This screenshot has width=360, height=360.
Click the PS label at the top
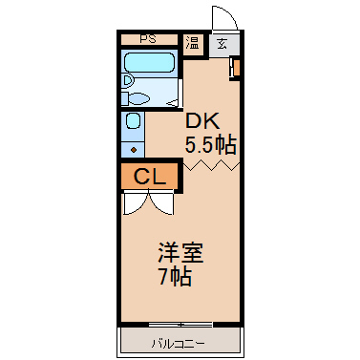click(x=148, y=40)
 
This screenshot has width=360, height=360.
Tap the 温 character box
click(x=192, y=43)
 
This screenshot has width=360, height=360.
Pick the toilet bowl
click(x=139, y=97)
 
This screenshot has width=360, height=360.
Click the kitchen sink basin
click(x=133, y=123)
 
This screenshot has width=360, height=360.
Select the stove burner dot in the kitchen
click(x=132, y=148)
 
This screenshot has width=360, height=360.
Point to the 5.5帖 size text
click(x=210, y=146)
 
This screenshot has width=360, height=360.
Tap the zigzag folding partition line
click(x=209, y=165)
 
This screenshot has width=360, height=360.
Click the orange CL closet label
click(x=148, y=176)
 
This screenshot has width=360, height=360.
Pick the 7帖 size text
click(x=176, y=278)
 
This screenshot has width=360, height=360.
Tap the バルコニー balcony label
click(x=179, y=342)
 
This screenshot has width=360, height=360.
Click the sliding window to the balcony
click(x=180, y=323)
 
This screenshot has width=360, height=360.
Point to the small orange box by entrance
click(x=235, y=69)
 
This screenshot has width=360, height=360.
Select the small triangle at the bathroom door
click(x=171, y=100)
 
